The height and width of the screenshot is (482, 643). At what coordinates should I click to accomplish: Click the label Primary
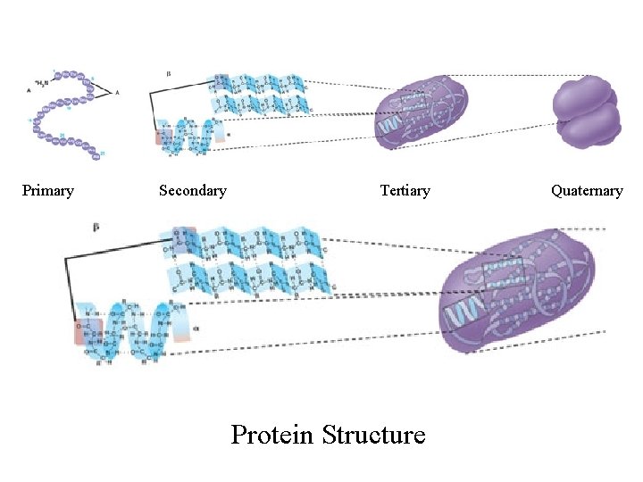click(47, 190)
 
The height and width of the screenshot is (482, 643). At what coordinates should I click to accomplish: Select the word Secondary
click(192, 190)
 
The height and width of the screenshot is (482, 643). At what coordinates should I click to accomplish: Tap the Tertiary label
click(405, 190)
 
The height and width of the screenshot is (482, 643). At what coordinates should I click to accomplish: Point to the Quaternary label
click(587, 190)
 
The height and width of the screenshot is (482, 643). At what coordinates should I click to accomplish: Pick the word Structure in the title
click(373, 435)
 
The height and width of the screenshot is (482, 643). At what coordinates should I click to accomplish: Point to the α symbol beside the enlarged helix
click(195, 328)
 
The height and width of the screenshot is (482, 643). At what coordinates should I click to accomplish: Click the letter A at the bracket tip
click(118, 93)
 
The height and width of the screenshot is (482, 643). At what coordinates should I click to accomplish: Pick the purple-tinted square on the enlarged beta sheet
click(182, 237)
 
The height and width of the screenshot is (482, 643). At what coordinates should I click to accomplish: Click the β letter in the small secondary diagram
click(170, 72)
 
